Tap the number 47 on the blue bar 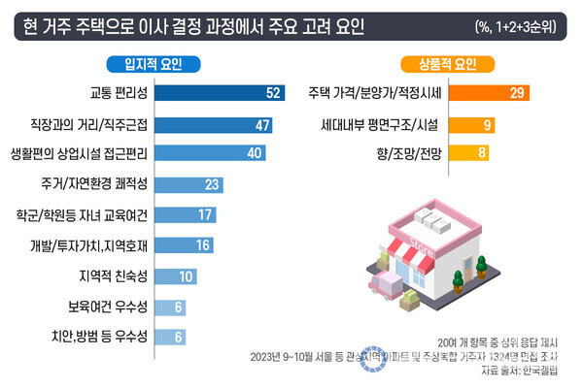261,124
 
